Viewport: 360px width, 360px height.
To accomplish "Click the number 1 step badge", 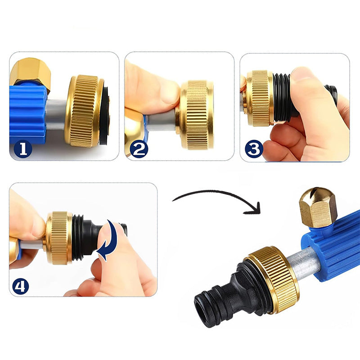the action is pos(23,149).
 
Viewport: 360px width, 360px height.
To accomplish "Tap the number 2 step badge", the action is pos(139,149).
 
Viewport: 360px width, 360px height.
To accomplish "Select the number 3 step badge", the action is pos(254,149).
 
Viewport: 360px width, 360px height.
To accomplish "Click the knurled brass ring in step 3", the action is pos(260,98).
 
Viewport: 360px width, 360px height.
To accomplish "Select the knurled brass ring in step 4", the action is pos(59,238).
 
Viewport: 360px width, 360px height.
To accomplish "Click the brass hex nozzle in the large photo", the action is pos(318,207).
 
